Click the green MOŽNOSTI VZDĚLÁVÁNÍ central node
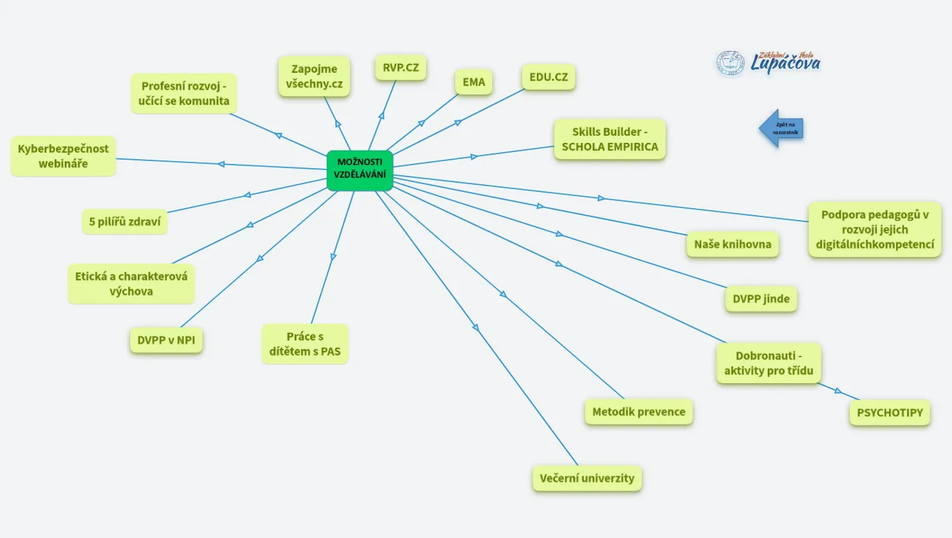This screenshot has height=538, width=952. click(x=360, y=170)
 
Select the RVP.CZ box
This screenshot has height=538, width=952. click(x=401, y=68)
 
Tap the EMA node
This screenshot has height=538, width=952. click(x=473, y=82)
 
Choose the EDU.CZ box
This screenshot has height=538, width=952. click(x=549, y=77)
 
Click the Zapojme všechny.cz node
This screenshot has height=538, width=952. click(x=314, y=76)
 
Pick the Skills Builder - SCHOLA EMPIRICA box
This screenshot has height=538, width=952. click(x=610, y=139)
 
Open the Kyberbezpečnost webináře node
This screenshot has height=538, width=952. click(x=63, y=156)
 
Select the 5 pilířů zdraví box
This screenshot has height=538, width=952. click(x=125, y=221)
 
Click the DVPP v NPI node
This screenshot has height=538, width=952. click(x=166, y=340)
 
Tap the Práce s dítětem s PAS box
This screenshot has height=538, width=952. click(x=305, y=344)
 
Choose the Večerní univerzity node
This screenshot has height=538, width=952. click(x=587, y=478)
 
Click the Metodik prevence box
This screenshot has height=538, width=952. click(x=639, y=412)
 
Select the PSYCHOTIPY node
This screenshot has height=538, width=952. click(x=890, y=413)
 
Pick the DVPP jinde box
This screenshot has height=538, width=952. click(x=761, y=298)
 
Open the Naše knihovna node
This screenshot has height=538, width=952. click(x=733, y=244)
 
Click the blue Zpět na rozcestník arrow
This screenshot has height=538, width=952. click(x=781, y=128)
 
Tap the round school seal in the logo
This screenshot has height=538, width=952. click(x=730, y=64)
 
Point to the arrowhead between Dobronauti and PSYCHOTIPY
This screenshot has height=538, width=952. click(x=838, y=391)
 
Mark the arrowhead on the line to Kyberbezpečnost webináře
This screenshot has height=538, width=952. click(x=221, y=164)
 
